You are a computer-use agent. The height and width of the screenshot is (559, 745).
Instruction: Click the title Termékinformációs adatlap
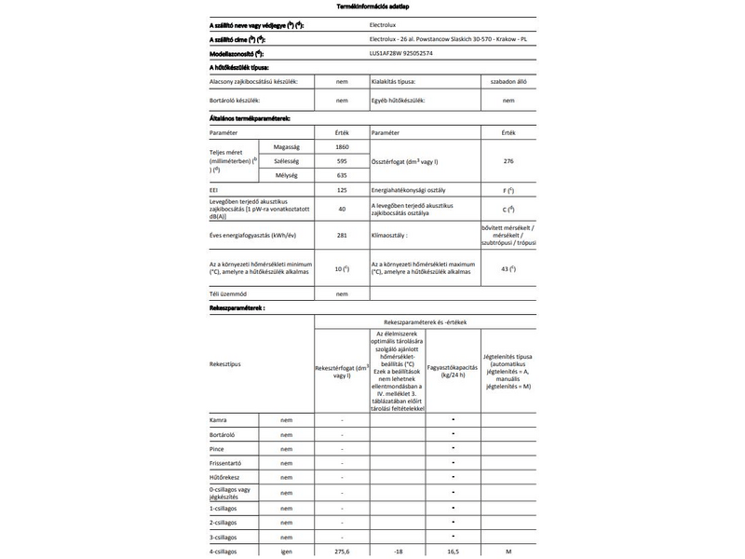(372, 7)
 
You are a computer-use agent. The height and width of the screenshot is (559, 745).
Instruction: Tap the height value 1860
(342, 148)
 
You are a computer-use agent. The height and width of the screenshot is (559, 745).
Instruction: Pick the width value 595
(342, 161)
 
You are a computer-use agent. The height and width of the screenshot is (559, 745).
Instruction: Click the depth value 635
(342, 174)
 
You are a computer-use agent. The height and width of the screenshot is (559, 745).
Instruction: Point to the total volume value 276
(508, 161)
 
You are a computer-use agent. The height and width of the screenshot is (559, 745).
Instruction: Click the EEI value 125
(342, 189)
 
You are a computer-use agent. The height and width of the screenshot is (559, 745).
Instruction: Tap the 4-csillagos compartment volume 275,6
(342, 552)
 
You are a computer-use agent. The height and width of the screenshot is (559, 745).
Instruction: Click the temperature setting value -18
(398, 552)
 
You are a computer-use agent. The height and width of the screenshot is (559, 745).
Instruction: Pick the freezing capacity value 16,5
(452, 552)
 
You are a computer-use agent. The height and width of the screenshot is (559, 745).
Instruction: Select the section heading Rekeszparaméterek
(237, 306)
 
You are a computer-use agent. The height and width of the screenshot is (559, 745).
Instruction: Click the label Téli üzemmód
(227, 293)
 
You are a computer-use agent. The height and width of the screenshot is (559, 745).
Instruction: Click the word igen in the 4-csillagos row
(288, 552)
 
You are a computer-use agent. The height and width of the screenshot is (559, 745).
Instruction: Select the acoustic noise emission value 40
(342, 209)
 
